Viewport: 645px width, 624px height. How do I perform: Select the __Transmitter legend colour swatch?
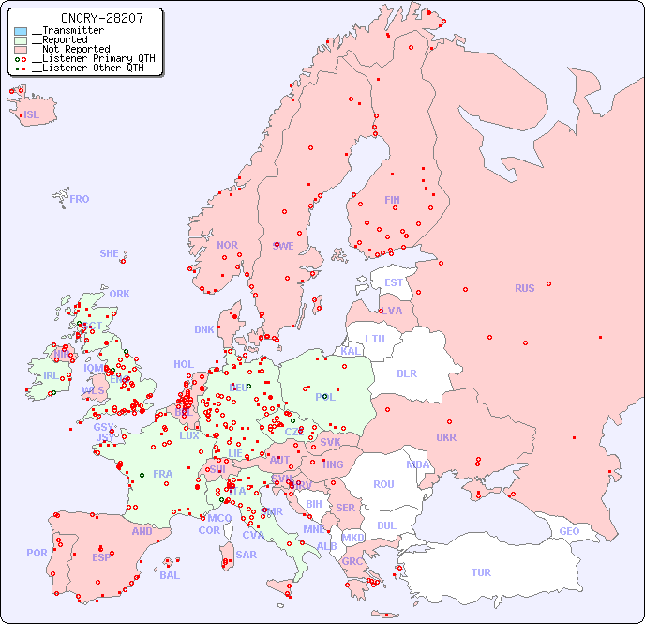[21, 31]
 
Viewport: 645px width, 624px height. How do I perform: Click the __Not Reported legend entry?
[70, 49]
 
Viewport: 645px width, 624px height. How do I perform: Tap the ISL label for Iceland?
[32, 115]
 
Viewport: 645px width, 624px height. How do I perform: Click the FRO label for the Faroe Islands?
[80, 199]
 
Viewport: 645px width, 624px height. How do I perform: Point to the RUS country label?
[524, 288]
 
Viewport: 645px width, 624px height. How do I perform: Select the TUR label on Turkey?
[481, 572]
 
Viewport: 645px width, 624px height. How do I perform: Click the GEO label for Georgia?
[569, 531]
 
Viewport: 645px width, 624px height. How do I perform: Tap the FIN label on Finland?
[392, 200]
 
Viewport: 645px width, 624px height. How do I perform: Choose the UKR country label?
[446, 437]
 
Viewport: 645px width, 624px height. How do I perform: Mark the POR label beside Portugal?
[37, 553]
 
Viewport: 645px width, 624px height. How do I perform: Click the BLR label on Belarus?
[407, 373]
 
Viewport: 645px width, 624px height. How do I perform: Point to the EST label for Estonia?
[394, 282]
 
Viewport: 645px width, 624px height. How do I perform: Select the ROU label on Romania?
[383, 484]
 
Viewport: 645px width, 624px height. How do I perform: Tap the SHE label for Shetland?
[110, 253]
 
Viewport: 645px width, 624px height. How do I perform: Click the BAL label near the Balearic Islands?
[170, 575]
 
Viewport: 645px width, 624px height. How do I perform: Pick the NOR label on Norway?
[227, 245]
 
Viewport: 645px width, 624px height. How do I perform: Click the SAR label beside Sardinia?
[247, 555]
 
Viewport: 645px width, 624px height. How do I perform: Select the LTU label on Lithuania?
[375, 339]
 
